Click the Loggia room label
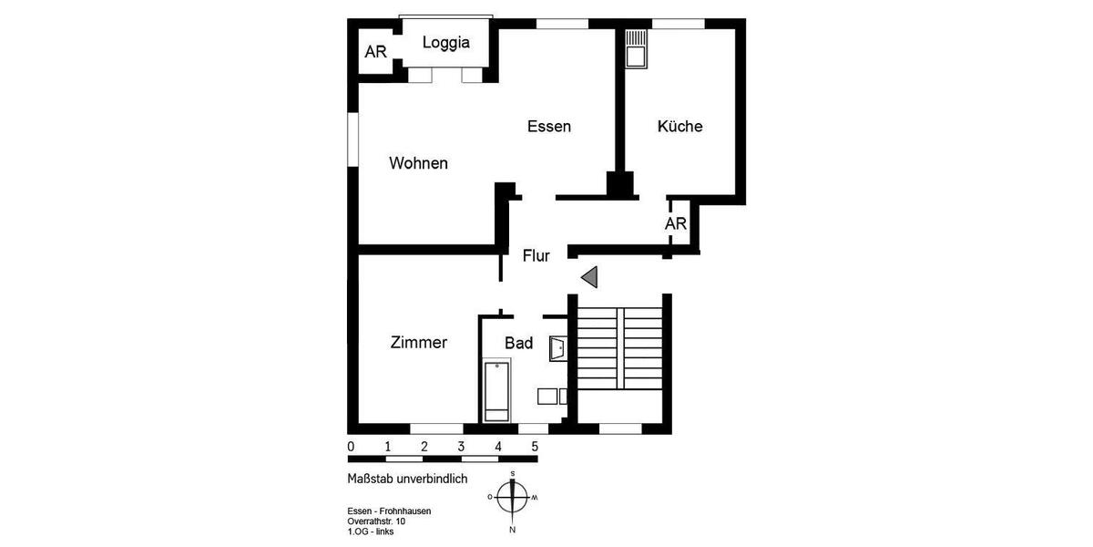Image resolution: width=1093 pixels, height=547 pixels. pos(446,42)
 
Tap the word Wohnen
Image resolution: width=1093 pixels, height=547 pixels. pos(418,163)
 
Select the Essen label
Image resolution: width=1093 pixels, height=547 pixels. pos(549,127)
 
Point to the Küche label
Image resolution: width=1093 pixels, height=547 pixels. pos(680,127)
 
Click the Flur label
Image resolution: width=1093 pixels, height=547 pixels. pos(536,256)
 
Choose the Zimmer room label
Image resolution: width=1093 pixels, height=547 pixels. pos(418,343)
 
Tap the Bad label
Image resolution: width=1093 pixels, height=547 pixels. pos(518,343)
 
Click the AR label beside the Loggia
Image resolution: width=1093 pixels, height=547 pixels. pos(375,51)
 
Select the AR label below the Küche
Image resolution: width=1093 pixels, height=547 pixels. pos(675,223)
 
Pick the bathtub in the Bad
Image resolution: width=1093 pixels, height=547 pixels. pos(496,391)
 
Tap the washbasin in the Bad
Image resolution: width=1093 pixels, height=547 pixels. pos(558,347)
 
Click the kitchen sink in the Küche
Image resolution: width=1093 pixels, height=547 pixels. pos(635,47)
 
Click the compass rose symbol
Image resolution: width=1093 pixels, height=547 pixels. pos(514,498)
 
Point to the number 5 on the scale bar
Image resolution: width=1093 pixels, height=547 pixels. pos(535,447)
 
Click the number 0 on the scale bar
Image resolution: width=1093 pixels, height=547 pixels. pos(352,447)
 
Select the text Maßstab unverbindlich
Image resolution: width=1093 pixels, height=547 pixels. pos(407,479)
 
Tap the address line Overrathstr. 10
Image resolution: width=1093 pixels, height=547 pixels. pos(376,521)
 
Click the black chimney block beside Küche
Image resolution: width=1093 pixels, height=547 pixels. pos(621,184)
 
